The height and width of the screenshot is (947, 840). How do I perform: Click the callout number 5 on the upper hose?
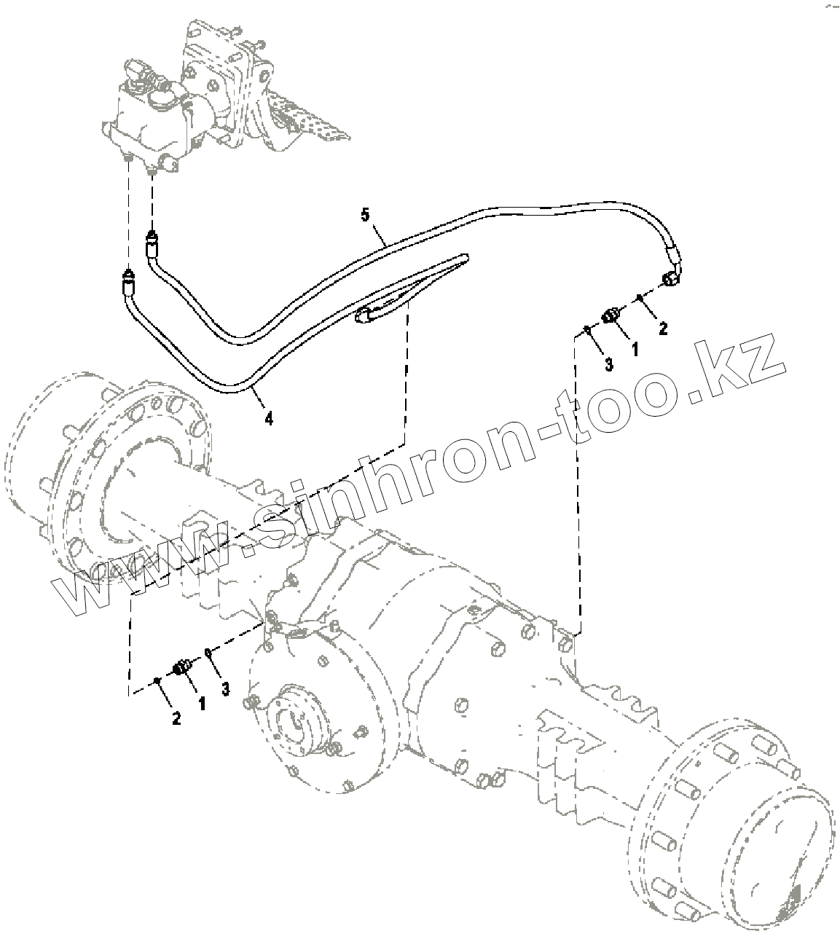pyautogui.click(x=366, y=214)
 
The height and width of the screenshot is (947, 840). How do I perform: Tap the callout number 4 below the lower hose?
pyautogui.click(x=269, y=418)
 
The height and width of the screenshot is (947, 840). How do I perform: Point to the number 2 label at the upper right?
pyautogui.click(x=662, y=329)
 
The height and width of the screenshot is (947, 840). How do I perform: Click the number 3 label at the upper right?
pyautogui.click(x=609, y=363)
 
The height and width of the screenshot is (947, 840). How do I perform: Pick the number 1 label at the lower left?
pyautogui.click(x=202, y=703)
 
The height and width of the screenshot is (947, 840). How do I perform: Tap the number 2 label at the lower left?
pyautogui.click(x=176, y=718)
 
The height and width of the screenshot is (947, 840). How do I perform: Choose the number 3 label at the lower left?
pyautogui.click(x=226, y=688)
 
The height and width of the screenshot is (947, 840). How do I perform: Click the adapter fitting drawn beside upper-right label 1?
pyautogui.click(x=611, y=315)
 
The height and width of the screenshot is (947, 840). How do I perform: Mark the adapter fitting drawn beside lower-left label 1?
pyautogui.click(x=182, y=667)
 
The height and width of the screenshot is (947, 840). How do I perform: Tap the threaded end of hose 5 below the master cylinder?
pyautogui.click(x=152, y=237)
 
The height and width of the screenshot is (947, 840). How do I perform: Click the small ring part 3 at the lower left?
pyautogui.click(x=208, y=651)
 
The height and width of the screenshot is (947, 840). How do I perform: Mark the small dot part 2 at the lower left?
pyautogui.click(x=157, y=680)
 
